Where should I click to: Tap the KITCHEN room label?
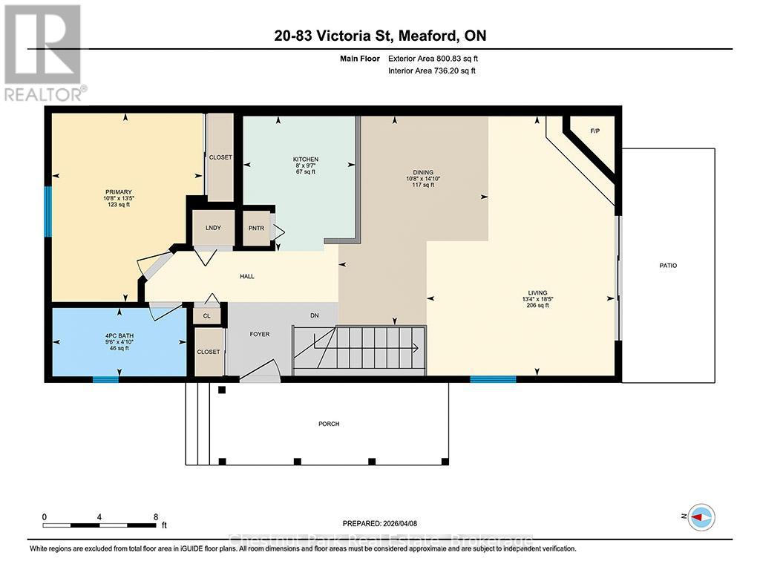[x=305, y=160]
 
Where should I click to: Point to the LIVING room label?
[x=537, y=292]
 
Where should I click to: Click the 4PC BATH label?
[x=119, y=335]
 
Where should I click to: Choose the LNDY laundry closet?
[x=214, y=228]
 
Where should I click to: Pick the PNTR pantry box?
[x=257, y=228]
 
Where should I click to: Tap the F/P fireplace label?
[x=594, y=131]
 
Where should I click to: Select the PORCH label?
[x=329, y=424]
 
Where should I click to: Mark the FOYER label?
[x=259, y=334]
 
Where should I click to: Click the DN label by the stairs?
[x=315, y=315]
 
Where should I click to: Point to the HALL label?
[x=247, y=276]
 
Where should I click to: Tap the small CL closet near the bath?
[x=206, y=315]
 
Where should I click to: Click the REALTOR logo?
[x=44, y=52]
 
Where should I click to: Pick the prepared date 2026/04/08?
[x=405, y=522]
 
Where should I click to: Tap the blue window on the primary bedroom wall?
[x=48, y=211]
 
